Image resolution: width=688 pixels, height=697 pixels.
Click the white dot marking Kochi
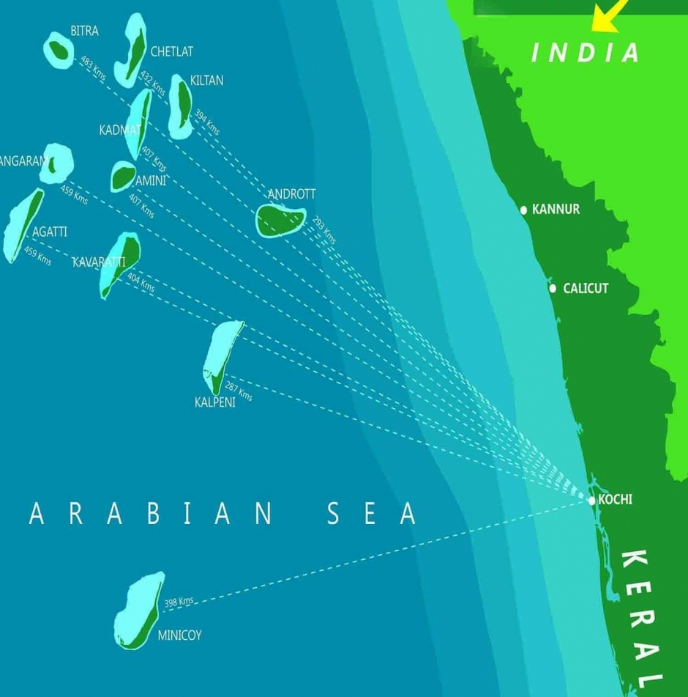tap(591, 501)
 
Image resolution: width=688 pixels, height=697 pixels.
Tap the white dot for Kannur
tap(523, 210)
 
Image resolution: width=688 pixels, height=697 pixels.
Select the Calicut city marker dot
tap(553, 289)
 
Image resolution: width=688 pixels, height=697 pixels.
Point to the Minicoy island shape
tap(140, 611)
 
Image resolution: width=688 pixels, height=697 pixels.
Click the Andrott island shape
tap(280, 219)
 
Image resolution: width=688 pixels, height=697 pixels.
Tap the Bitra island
tap(59, 50)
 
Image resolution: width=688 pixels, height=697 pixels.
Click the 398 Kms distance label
tap(179, 602)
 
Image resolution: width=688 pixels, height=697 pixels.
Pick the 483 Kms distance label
tap(93, 69)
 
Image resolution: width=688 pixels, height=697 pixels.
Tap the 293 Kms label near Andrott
tap(324, 229)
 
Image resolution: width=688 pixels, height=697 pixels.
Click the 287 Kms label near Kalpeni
tap(238, 391)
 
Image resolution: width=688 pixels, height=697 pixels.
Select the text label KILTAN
tap(206, 81)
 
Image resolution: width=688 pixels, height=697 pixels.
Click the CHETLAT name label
tap(171, 52)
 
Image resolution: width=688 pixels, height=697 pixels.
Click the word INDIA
tap(586, 53)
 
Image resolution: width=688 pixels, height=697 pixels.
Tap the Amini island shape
tap(122, 176)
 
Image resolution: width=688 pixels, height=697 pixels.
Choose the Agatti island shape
tap(23, 224)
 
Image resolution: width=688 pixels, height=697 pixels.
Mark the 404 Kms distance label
tap(141, 282)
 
